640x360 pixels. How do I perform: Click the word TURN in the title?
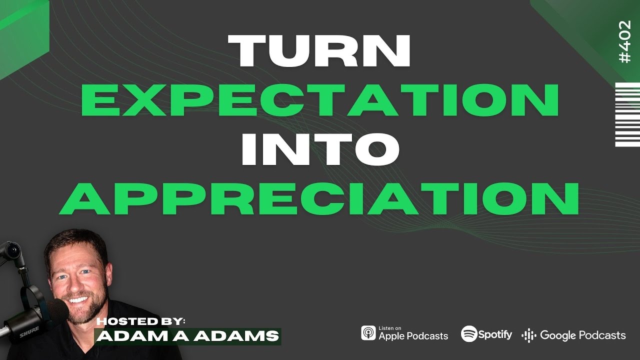point(319,51)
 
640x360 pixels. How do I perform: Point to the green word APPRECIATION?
point(319,198)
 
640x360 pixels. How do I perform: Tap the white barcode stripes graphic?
point(627,114)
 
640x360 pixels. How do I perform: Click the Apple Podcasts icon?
point(368,333)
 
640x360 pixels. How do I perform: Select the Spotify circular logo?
point(469,333)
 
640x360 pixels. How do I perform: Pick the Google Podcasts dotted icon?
point(528,335)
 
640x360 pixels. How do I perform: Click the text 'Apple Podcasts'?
point(413,336)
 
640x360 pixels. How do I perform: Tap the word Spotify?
point(495,334)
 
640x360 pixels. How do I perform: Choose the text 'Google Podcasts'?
point(582,335)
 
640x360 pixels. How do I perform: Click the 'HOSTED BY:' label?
point(140,320)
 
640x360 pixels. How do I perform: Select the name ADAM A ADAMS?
point(187,336)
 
